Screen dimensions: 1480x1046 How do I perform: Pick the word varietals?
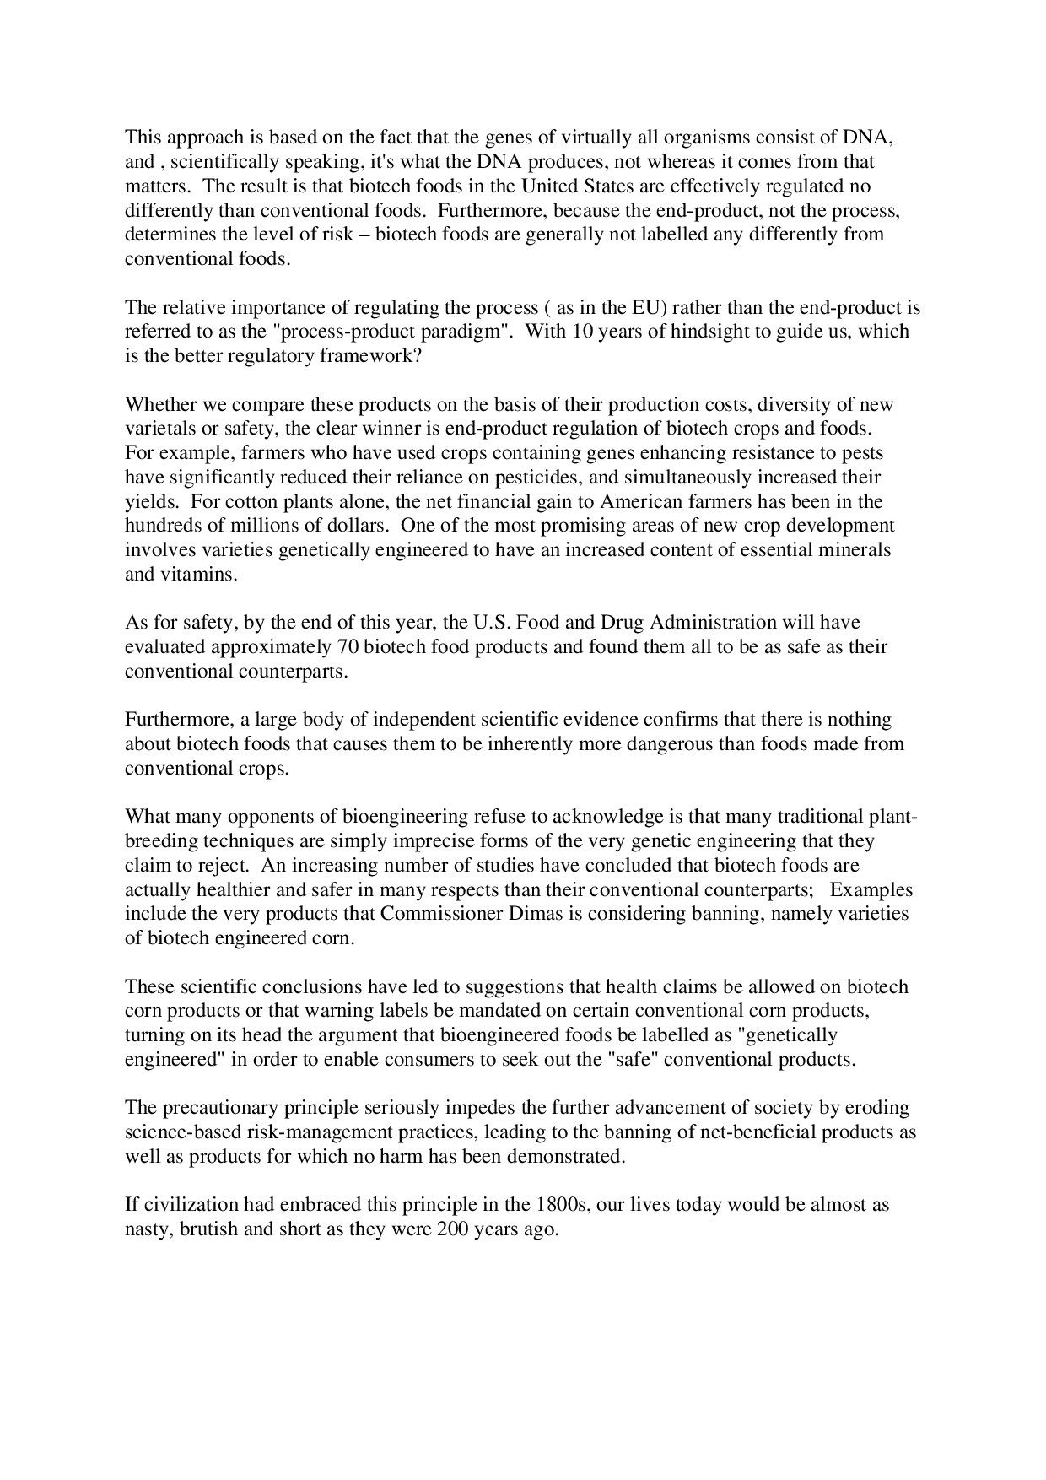[159, 429]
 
